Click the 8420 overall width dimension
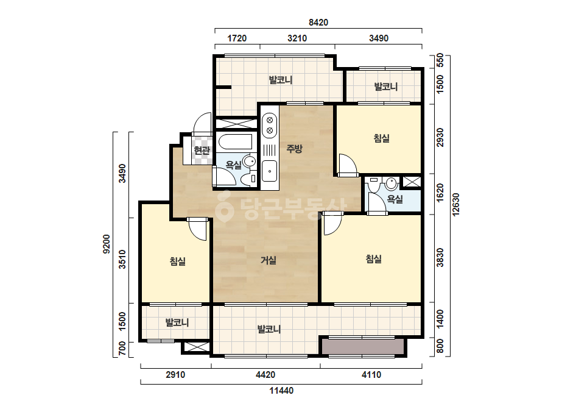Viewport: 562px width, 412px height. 318,23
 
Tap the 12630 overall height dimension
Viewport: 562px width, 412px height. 455,205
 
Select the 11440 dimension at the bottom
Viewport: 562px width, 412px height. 281,391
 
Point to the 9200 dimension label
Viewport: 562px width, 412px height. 107,244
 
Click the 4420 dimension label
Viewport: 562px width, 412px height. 265,375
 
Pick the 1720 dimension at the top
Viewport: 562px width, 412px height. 237,38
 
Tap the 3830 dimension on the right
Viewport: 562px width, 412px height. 440,257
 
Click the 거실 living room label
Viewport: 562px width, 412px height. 269,260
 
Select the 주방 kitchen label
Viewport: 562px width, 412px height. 294,148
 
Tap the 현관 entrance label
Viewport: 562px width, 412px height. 202,151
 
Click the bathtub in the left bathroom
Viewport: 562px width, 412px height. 236,141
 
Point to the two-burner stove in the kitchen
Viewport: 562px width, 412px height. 270,125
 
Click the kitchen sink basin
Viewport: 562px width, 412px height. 269,171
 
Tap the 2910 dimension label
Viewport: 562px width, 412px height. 175,375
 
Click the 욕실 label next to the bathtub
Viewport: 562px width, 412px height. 234,165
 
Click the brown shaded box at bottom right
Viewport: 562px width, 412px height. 362,347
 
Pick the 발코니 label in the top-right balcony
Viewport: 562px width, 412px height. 386,87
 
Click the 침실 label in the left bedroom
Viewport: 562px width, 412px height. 178,261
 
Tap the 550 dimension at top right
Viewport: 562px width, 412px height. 440,60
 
